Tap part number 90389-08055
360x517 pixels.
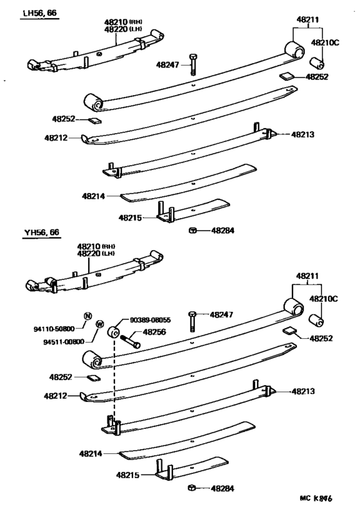(150, 319)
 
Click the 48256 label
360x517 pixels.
(155, 332)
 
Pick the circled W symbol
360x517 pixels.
(100, 324)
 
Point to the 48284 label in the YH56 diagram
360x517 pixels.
(224, 488)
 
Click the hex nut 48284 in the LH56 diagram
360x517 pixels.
(192, 230)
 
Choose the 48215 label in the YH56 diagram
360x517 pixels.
(129, 475)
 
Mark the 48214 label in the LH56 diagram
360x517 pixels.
(94, 195)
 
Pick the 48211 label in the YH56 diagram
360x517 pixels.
(307, 276)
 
